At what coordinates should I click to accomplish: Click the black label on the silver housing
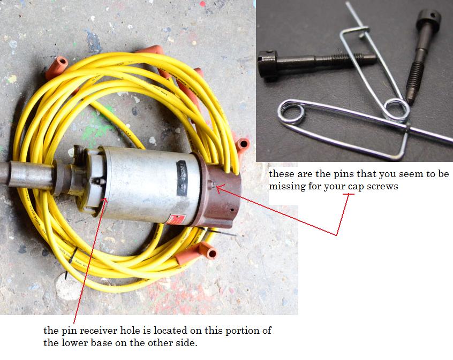(183, 177)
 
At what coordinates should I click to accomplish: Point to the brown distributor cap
(219, 190)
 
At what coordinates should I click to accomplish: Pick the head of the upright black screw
(428, 20)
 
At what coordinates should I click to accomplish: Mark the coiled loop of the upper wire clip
(397, 110)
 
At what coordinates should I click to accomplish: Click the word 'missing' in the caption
(287, 187)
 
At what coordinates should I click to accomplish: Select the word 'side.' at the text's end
(187, 343)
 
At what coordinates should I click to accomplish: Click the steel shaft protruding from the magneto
(26, 174)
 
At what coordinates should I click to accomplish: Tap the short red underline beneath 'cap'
(349, 194)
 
